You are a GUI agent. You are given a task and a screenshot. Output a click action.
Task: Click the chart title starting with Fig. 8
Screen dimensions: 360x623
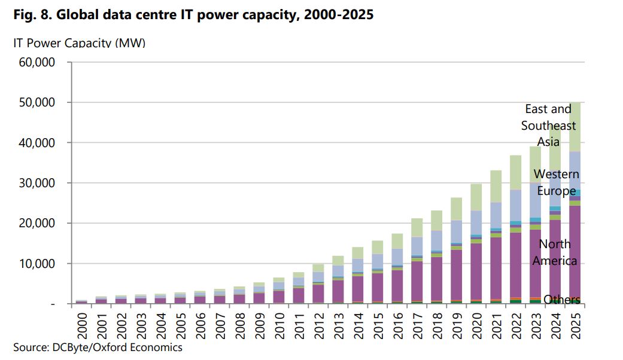pos(193,16)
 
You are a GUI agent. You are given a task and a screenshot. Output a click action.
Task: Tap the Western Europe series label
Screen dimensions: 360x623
pos(557,182)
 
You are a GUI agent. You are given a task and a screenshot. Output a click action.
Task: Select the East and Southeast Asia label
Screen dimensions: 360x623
pos(549,126)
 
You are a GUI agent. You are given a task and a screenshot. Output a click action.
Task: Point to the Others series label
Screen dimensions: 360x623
pos(562,300)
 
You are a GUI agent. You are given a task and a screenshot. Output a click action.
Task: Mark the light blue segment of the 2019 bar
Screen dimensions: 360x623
pos(456,231)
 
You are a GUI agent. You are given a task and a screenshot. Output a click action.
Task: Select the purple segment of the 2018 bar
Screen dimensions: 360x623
pos(436,279)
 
